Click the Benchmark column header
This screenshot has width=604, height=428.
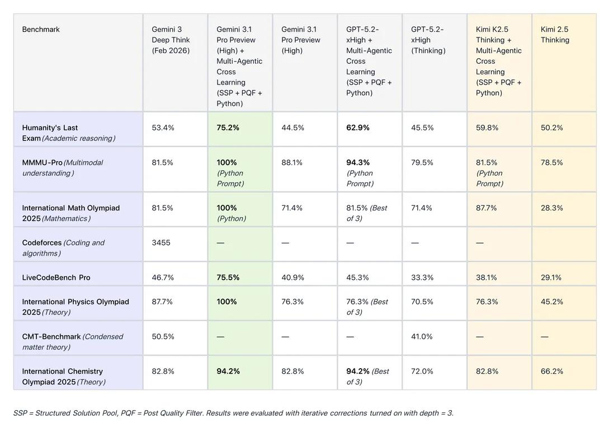click(41, 30)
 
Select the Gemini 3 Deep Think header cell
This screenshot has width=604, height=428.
click(171, 40)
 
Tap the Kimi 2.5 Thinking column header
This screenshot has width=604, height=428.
click(555, 35)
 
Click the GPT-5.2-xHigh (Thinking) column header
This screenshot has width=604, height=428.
click(428, 40)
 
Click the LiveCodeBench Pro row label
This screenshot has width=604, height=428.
click(56, 278)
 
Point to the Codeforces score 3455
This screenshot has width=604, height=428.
click(161, 243)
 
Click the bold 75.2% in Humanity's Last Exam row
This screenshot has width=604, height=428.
click(228, 128)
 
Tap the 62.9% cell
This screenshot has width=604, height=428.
click(357, 128)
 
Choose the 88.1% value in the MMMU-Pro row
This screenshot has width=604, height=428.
click(292, 163)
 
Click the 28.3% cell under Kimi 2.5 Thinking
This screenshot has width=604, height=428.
click(552, 208)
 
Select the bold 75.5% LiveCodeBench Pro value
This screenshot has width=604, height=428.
click(228, 278)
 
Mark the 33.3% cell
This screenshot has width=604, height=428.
click(422, 278)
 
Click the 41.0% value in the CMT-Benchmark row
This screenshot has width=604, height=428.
click(422, 337)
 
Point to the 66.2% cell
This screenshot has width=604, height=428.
click(552, 371)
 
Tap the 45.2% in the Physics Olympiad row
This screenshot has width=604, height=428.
click(552, 302)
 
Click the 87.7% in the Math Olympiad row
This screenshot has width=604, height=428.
click(487, 208)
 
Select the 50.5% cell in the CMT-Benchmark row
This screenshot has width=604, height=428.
click(163, 337)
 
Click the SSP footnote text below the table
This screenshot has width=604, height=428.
click(233, 413)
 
